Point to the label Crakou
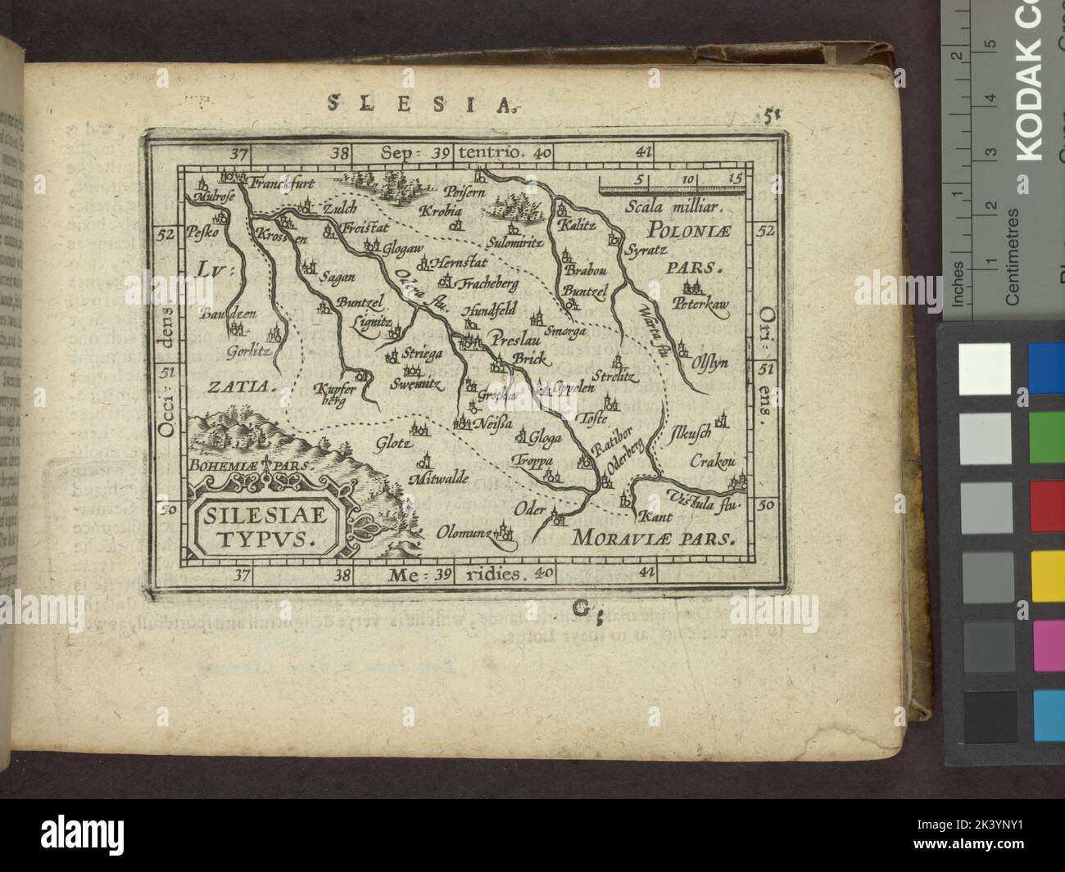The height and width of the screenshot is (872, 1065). click(x=709, y=460)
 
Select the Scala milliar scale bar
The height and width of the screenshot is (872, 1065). click(x=671, y=189)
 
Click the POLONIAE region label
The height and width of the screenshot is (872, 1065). click(x=684, y=228)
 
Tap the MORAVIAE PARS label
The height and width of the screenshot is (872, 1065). click(x=654, y=539)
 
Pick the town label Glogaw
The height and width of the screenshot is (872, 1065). click(x=403, y=246)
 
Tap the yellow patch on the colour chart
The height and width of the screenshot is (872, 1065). click(x=1046, y=568)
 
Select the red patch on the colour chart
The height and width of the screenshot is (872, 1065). click(x=1046, y=499)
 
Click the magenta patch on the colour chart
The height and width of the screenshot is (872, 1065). click(x=1046, y=637)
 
